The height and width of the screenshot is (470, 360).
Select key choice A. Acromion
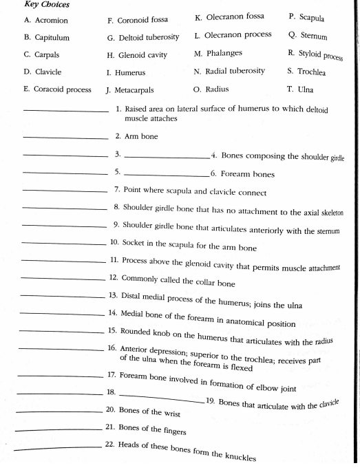click(x=45, y=21)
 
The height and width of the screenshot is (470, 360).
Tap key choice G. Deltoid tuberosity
click(x=142, y=38)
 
